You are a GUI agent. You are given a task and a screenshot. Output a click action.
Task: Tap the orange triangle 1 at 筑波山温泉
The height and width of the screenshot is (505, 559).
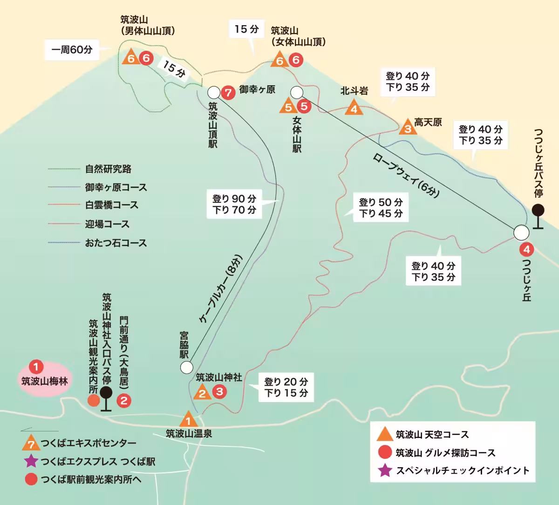coord(188,420)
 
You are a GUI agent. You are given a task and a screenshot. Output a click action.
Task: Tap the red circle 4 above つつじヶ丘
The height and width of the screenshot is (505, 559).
coord(526,250)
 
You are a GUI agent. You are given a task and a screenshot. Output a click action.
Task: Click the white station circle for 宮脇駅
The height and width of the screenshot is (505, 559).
coord(186,368)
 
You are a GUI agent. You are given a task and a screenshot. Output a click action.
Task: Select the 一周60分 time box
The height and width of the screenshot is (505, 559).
coord(72,50)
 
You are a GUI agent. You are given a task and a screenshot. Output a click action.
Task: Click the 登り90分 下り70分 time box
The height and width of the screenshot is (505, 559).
coord(234,204)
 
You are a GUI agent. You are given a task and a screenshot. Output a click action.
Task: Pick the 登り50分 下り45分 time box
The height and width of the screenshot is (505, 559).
coord(381,208)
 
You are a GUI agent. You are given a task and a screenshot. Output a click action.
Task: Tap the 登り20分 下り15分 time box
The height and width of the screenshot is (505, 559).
coord(286,387)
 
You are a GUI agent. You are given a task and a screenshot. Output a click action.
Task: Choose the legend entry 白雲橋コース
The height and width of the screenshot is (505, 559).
coord(111,205)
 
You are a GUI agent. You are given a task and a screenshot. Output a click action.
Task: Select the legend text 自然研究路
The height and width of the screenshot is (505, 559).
coord(108,169)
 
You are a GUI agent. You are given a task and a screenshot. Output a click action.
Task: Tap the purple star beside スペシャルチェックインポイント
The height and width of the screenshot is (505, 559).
coord(385,471)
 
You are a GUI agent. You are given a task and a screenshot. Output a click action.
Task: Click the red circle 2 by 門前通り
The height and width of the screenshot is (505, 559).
coord(123,400)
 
